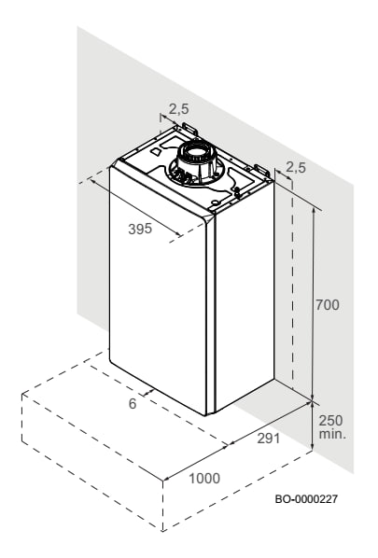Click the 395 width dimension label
point(140,229)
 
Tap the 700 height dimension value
point(328,305)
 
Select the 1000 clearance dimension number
point(204,479)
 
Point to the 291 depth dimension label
point(269,439)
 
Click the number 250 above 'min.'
point(330,421)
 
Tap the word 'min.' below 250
point(332,434)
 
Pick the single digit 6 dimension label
point(133,403)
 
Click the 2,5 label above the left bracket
point(178,109)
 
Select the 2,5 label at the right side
point(296,167)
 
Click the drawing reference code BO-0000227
point(306,499)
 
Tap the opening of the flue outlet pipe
point(195,155)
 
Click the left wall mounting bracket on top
point(189,128)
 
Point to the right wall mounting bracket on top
point(261,171)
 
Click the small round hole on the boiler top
point(216,202)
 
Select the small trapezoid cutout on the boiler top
point(156,152)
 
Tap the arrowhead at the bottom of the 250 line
point(312,447)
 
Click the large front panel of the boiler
point(158,290)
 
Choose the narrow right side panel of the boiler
point(245,296)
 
